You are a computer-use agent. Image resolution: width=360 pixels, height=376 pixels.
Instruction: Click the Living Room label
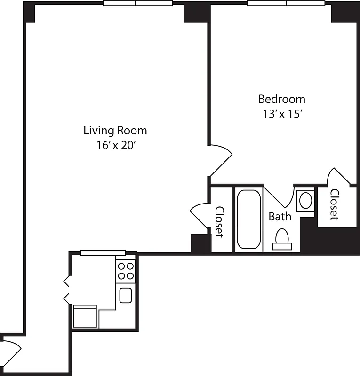tap(115, 130)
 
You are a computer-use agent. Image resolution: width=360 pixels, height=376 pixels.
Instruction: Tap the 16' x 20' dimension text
tap(115, 145)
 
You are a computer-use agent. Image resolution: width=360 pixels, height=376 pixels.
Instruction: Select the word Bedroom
tap(282, 99)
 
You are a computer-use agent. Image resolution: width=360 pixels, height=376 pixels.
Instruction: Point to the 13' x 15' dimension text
tap(282, 114)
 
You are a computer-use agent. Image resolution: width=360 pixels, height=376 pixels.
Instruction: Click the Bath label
tap(280, 217)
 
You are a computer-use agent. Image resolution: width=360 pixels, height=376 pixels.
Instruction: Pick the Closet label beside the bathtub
tap(219, 222)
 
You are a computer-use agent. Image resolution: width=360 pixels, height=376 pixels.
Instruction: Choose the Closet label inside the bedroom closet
tap(334, 204)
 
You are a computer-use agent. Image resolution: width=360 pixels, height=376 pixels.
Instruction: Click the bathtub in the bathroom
tap(248, 219)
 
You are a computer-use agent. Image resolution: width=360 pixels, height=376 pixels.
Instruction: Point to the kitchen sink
tap(126, 295)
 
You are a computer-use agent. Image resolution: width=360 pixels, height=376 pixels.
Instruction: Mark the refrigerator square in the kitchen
tap(85, 316)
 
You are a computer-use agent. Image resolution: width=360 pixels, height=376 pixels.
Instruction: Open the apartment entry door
tap(11, 352)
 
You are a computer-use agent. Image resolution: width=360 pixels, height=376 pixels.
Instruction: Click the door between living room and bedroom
tap(220, 160)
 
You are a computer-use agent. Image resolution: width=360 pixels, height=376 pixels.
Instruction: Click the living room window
tap(137, 3)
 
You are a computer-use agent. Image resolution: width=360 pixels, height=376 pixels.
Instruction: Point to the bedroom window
tap(286, 3)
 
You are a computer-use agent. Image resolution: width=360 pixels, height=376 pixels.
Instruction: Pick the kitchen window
tap(103, 253)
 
